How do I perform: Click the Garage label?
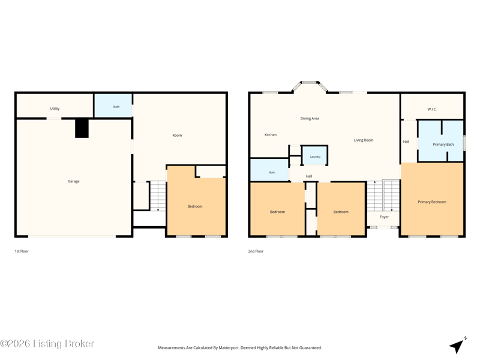click(73, 181)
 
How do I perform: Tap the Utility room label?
click(55, 109)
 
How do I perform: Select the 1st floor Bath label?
click(116, 107)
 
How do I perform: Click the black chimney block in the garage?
click(82, 128)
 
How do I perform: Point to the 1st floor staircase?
click(158, 196)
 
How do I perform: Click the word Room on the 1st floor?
click(177, 136)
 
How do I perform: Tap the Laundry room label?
click(315, 157)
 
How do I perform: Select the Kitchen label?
click(271, 134)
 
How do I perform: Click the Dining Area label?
click(310, 118)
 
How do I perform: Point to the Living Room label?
click(364, 140)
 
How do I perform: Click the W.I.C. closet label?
click(432, 109)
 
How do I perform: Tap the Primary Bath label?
click(443, 145)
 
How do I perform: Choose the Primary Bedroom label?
click(432, 202)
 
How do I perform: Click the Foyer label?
click(384, 217)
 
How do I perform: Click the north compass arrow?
click(458, 345)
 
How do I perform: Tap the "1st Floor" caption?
click(22, 251)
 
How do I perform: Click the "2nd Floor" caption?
click(256, 251)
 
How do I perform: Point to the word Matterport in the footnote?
click(229, 348)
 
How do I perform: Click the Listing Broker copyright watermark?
click(47, 343)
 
